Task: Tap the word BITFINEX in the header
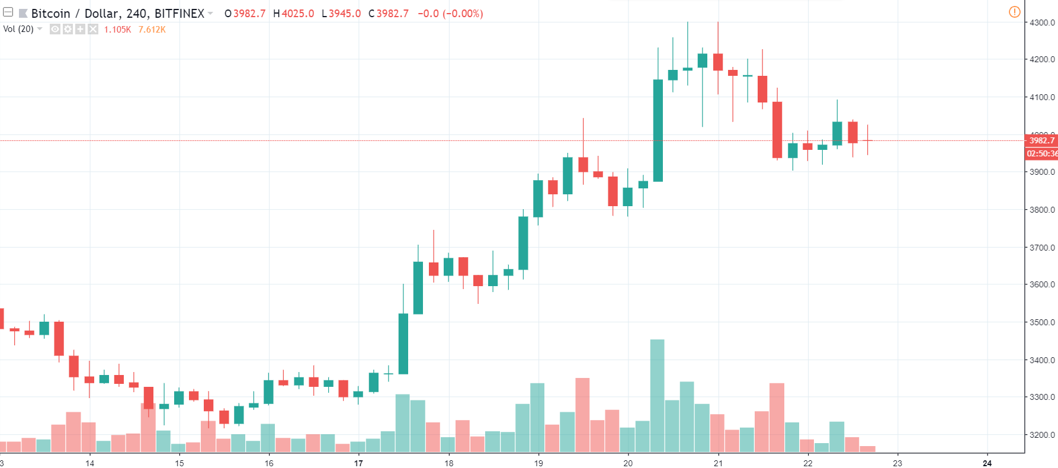click(179, 13)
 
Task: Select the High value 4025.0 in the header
click(297, 13)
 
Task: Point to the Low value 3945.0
click(345, 13)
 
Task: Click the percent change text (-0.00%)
click(463, 13)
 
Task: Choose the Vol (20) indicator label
click(18, 29)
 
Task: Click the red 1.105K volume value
click(117, 30)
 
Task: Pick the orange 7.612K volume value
click(152, 30)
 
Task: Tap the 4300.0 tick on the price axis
click(1042, 23)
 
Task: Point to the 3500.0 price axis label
click(1042, 322)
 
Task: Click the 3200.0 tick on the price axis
click(1042, 435)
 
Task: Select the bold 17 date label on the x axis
click(358, 463)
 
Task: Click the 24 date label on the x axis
click(987, 463)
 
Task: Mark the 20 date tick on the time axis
click(628, 463)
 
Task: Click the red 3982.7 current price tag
click(1041, 140)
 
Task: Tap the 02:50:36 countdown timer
click(1041, 153)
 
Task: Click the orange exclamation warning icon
click(1014, 12)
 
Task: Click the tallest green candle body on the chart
click(658, 130)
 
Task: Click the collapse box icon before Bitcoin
click(8, 12)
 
